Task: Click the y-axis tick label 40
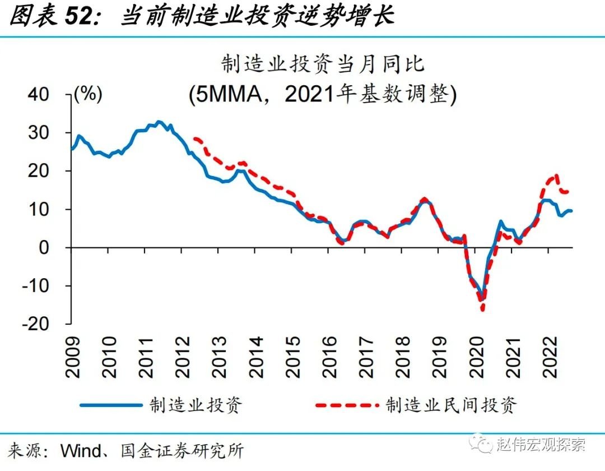[x=54, y=94]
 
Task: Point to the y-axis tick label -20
[x=51, y=324]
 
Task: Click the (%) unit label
[x=88, y=94]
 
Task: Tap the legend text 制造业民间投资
[x=451, y=404]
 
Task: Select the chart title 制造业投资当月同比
[x=323, y=64]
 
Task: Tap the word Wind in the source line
[x=80, y=449]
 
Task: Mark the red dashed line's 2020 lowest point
[x=482, y=310]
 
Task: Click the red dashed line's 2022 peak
[x=556, y=176]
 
